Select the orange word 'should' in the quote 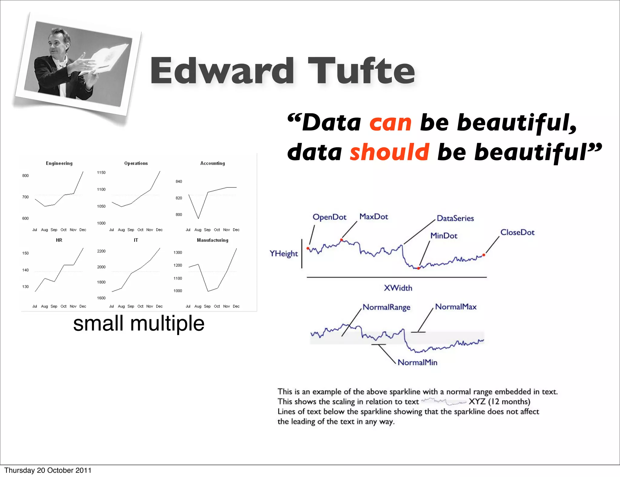click(390, 152)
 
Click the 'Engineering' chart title click(59, 163)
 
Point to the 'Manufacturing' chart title click(213, 240)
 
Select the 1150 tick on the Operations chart click(101, 173)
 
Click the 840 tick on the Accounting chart click(179, 182)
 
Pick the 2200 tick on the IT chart click(101, 251)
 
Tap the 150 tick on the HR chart click(25, 253)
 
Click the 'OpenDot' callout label click(329, 217)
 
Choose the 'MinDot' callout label click(444, 236)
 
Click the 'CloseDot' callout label click(517, 232)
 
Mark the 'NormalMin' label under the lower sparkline click(417, 363)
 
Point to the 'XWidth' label click(398, 288)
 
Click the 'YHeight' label click(284, 254)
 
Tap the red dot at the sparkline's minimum click(419, 268)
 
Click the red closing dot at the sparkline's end click(484, 255)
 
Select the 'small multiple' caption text click(139, 324)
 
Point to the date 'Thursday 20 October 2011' click(48, 470)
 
